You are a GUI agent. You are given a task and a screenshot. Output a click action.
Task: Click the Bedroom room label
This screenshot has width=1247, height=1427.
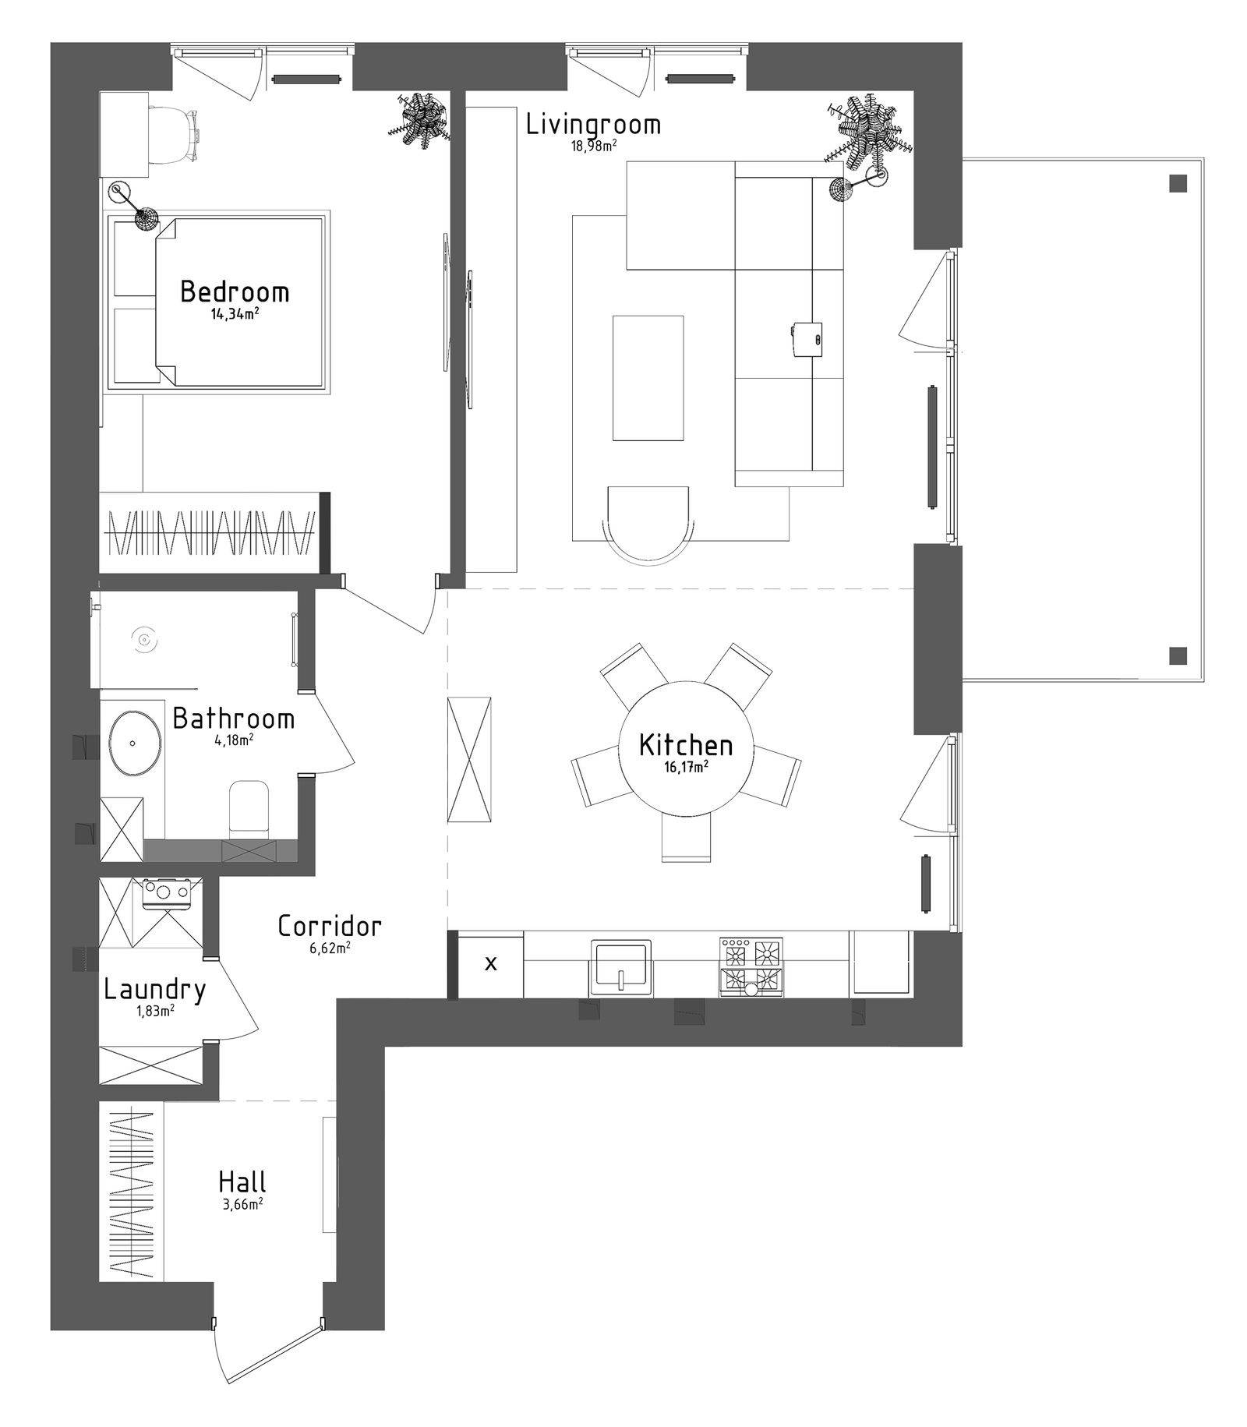[x=235, y=292]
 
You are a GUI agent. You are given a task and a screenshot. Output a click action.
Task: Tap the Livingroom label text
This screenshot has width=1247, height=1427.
[x=593, y=124]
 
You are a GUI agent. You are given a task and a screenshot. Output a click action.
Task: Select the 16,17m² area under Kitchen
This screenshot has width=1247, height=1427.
[x=686, y=766]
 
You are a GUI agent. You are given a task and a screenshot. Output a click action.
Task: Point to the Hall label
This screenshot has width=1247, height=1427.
[x=242, y=1182]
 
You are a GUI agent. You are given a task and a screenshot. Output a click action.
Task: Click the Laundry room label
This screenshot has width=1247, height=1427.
[x=154, y=991]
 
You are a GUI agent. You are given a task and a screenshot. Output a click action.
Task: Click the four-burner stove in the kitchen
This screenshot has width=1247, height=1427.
[x=751, y=967]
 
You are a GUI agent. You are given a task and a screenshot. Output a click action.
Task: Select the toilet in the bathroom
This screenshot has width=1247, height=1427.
[x=249, y=807]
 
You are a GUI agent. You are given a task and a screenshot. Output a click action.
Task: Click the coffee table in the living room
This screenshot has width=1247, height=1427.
[x=648, y=378]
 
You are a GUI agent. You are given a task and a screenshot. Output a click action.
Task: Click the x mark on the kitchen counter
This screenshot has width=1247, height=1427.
[x=491, y=964]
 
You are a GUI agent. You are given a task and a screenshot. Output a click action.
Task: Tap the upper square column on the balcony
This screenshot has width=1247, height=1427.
[x=1178, y=184]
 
